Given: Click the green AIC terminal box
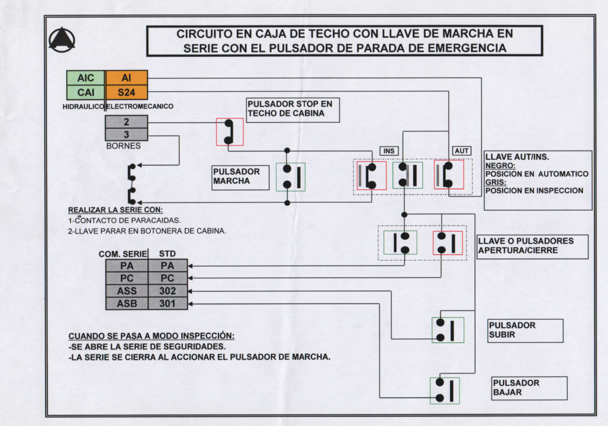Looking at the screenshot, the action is click(x=86, y=78).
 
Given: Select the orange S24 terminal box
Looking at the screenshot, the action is click(x=126, y=92).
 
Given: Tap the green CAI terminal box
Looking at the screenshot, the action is click(x=86, y=92).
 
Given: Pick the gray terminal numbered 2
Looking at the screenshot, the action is click(x=126, y=122).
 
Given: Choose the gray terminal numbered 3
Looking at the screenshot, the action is click(x=126, y=134).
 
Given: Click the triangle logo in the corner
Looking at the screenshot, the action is click(x=61, y=39).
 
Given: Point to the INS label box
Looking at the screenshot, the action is click(x=389, y=151).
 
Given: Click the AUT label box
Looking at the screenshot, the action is click(x=461, y=151).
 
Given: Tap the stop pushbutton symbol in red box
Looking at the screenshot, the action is click(x=230, y=132).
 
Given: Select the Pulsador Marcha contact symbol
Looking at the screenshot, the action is click(x=291, y=177).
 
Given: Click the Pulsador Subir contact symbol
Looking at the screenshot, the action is click(x=448, y=331).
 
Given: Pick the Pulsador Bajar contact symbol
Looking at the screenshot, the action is click(x=445, y=390).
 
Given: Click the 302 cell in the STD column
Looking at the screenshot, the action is click(x=168, y=291).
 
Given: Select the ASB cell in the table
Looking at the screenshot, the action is click(x=127, y=304).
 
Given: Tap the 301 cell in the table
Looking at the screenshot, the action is click(x=168, y=304).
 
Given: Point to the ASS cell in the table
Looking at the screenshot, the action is click(x=127, y=291).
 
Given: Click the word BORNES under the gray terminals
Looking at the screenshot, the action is click(x=124, y=146).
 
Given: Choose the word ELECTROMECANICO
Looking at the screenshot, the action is click(x=140, y=106).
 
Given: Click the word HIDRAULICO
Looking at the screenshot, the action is click(x=84, y=107).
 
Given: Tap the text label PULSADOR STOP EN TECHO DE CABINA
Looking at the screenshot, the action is click(x=290, y=109).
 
